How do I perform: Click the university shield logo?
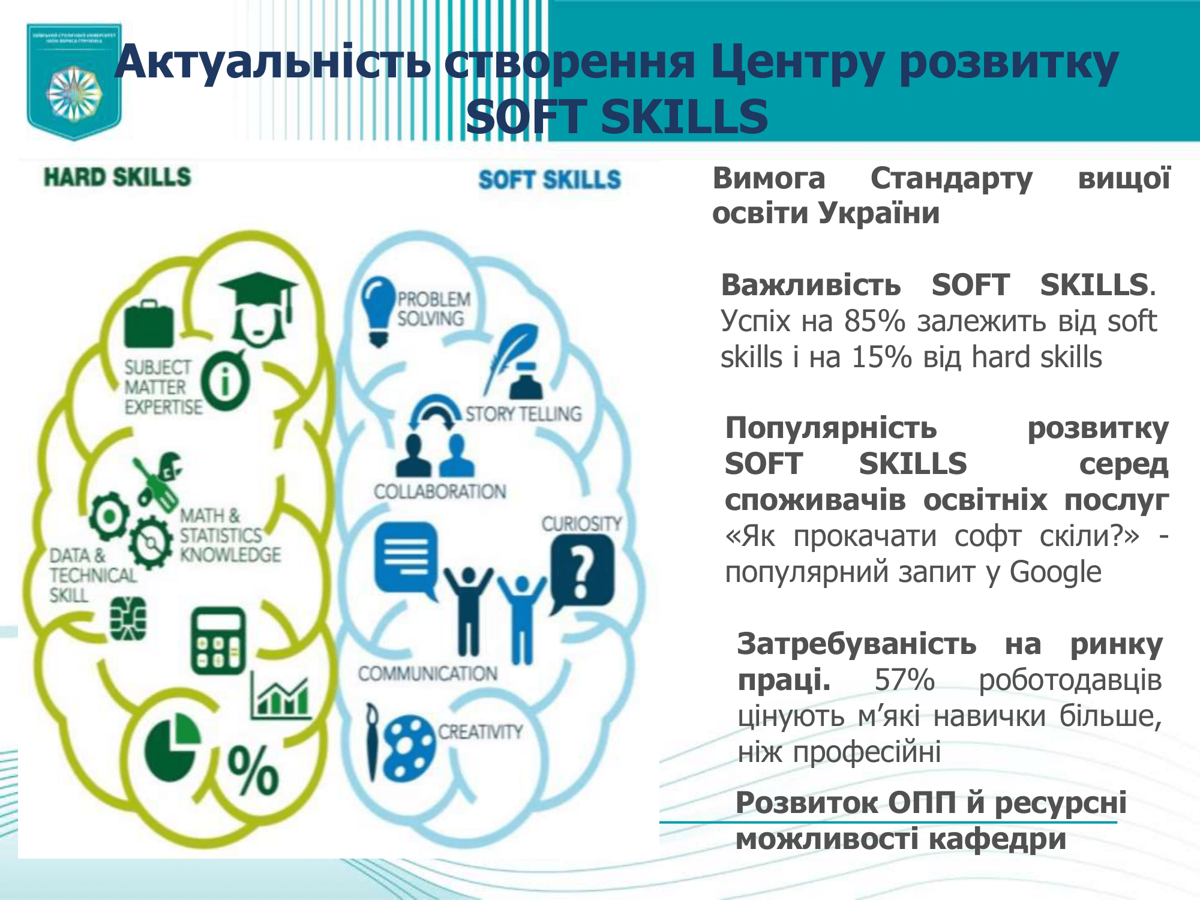tap(74, 81)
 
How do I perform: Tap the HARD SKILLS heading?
tap(117, 177)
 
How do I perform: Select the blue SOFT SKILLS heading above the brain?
tap(549, 179)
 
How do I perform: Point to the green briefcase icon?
tap(149, 324)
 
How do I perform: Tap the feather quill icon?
tap(510, 354)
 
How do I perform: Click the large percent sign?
tap(253, 771)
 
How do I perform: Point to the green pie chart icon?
tap(171, 747)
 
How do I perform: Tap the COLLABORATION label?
tap(440, 492)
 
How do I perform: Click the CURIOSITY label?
tap(581, 524)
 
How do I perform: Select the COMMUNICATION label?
tap(428, 674)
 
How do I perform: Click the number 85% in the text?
tap(874, 321)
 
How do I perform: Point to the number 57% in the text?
tap(904, 680)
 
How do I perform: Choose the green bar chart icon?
tap(280, 696)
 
